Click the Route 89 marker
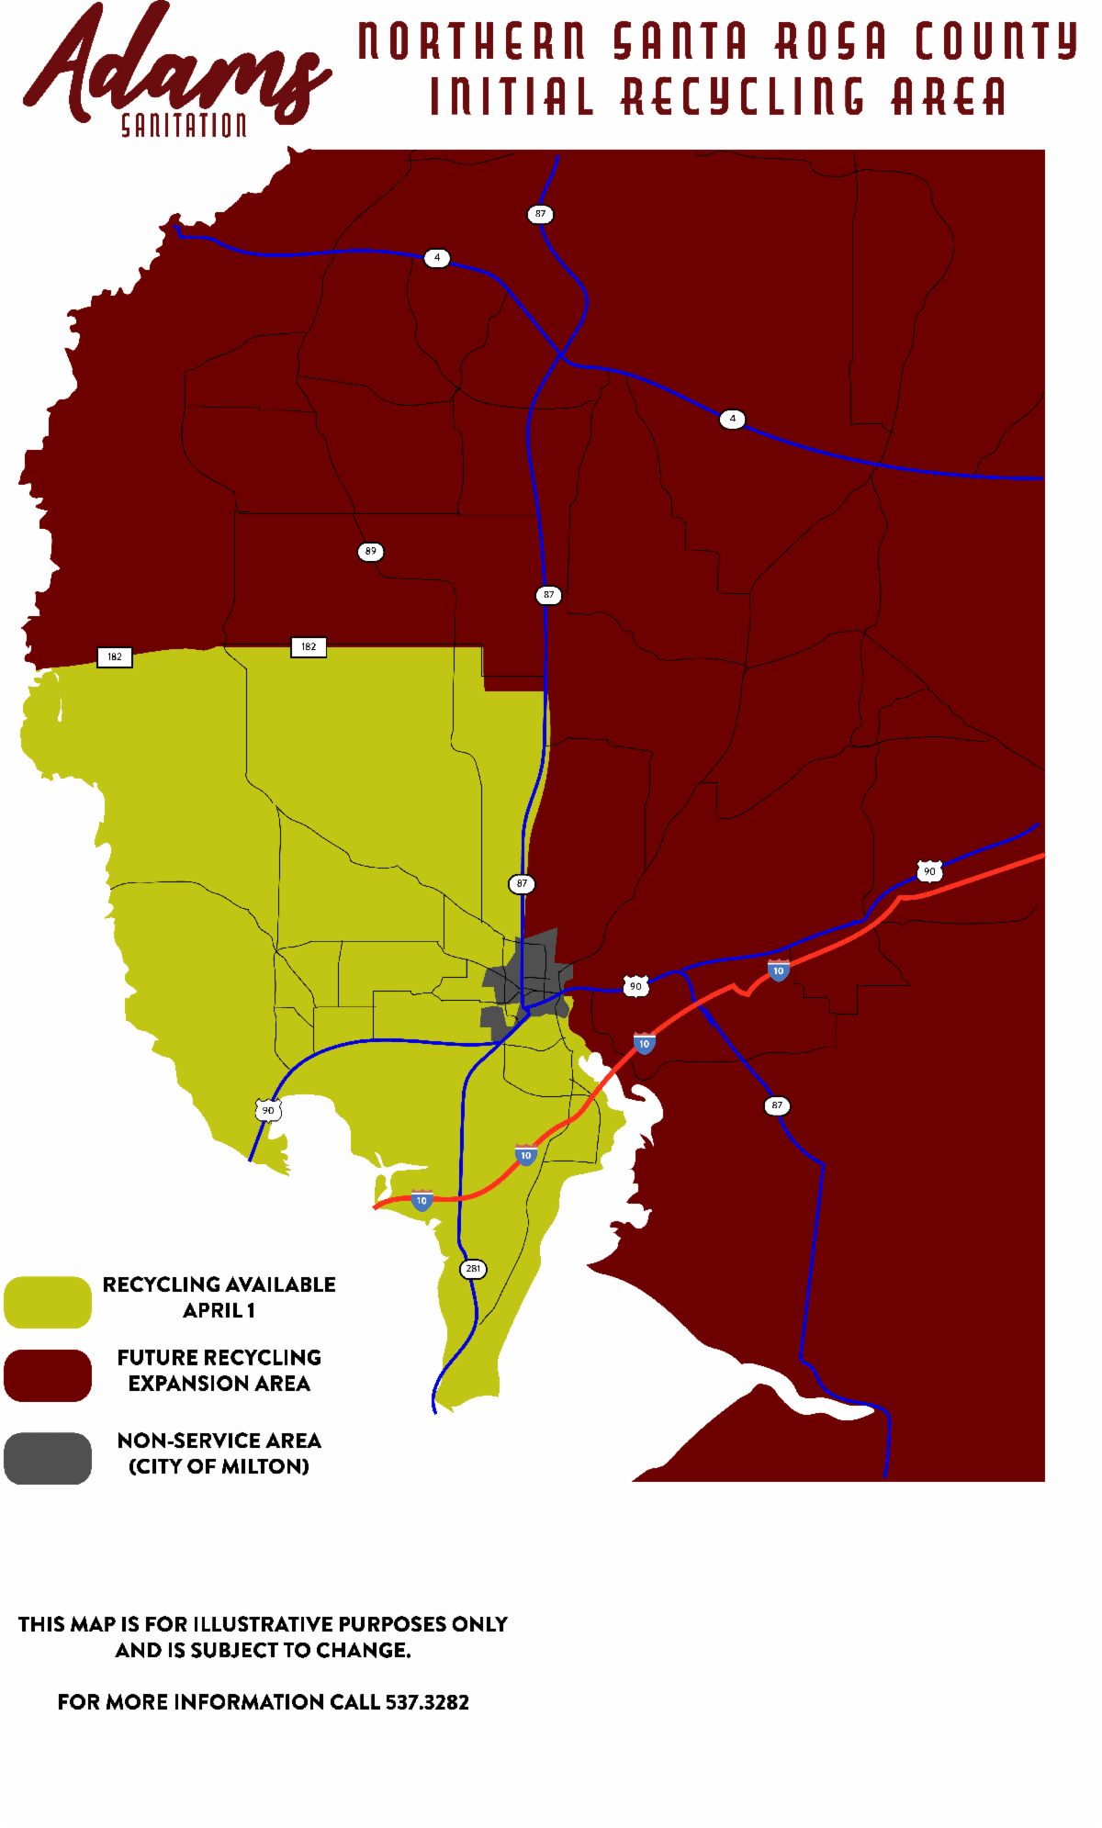point(370,552)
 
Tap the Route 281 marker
point(473,1269)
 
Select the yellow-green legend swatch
point(48,1302)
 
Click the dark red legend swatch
point(48,1375)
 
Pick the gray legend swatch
point(48,1458)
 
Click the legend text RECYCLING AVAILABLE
point(219,1284)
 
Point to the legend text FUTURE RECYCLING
point(219,1357)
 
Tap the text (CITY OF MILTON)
point(219,1466)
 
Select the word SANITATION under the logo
point(184,126)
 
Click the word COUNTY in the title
point(996,41)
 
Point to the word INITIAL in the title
point(512,97)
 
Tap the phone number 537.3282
point(427,1702)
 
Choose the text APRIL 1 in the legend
point(219,1310)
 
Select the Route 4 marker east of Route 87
point(732,419)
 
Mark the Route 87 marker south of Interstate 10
point(777,1105)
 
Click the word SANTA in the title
point(680,41)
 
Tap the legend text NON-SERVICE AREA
point(219,1441)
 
